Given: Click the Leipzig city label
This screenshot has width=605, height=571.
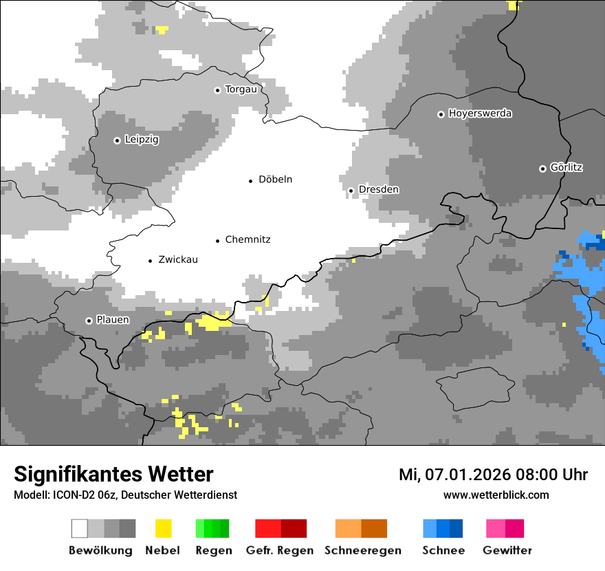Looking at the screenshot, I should tap(142, 140).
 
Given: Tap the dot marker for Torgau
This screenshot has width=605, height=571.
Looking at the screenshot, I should tap(217, 90).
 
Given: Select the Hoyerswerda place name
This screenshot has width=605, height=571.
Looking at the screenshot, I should tap(480, 114).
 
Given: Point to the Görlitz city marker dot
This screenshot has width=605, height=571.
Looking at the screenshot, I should tap(542, 169).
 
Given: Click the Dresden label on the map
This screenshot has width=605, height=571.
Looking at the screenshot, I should tap(378, 190).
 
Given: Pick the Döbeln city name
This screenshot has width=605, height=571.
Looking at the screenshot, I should tap(275, 180).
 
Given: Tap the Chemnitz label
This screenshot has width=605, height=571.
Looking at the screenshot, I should tap(247, 240).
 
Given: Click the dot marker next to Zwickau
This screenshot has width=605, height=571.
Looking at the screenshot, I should tap(151, 261).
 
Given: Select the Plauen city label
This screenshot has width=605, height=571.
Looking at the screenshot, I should tap(113, 321).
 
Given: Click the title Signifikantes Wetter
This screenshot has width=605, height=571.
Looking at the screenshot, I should tap(113, 475).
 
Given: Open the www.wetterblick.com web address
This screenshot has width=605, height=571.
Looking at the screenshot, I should tap(496, 495).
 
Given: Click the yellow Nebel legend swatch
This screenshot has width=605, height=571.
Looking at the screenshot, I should tap(163, 528).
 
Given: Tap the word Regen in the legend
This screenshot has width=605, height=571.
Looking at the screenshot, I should tap(212, 550).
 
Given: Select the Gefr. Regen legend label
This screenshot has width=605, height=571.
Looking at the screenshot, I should tap(280, 550).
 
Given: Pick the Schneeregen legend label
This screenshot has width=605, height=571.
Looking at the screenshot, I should tap(362, 550).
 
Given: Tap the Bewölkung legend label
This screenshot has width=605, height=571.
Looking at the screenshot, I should tap(100, 550).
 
